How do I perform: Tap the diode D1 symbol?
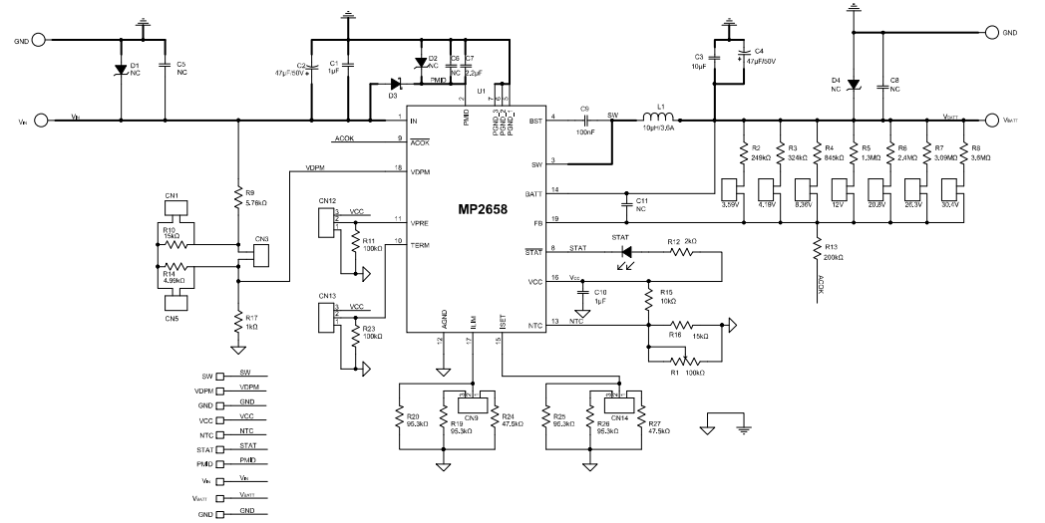tap(120, 71)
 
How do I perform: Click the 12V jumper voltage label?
tap(837, 205)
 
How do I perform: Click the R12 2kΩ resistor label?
tap(683, 241)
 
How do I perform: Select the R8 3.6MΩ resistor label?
tap(971, 152)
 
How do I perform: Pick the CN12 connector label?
tap(327, 201)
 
